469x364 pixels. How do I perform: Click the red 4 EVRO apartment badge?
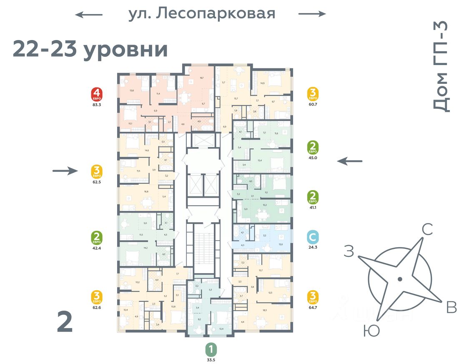tap(97, 95)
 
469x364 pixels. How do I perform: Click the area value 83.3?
tap(97, 105)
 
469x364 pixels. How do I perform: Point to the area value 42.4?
tap(97, 247)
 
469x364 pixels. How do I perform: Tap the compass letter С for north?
tap(427, 229)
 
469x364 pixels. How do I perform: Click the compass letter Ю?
tap(371, 331)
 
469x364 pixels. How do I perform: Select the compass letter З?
tap(349, 251)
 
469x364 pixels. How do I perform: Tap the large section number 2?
tap(65, 322)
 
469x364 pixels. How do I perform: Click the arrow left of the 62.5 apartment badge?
tap(65, 170)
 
